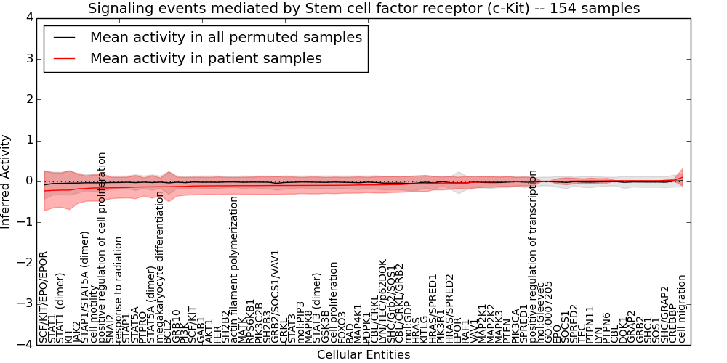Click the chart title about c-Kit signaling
(x=363, y=9)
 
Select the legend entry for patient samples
(x=206, y=58)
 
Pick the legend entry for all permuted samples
(x=225, y=37)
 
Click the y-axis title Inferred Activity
(x=7, y=181)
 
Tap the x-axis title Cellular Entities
(x=363, y=355)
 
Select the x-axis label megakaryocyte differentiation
(x=160, y=267)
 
